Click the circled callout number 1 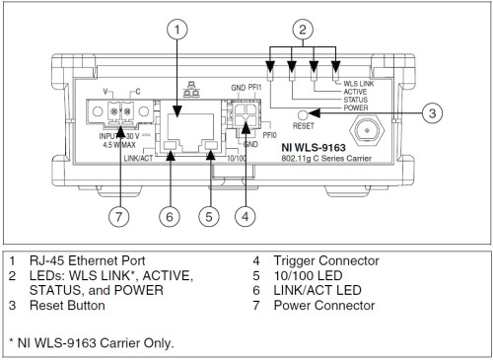click(176, 30)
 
